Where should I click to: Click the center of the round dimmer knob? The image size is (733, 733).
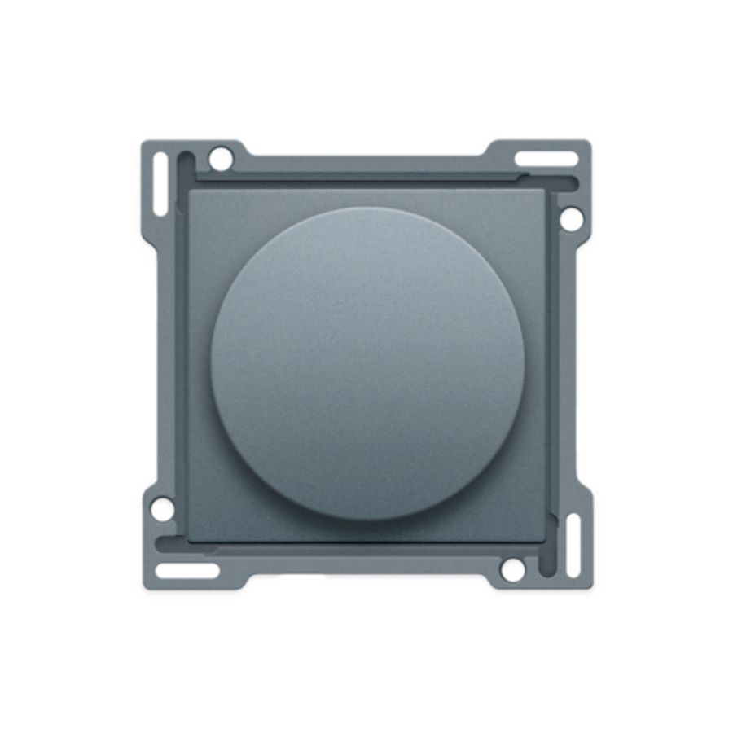coord(367,363)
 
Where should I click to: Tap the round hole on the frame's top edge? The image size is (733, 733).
coord(220,158)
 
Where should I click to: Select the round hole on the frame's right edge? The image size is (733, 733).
coord(571,218)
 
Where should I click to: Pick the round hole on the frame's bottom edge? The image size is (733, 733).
coord(512,569)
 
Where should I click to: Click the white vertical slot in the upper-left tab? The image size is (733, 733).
coord(160,184)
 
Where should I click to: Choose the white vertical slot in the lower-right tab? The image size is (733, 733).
coord(573,545)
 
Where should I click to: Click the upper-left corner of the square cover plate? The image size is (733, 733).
coord(191,192)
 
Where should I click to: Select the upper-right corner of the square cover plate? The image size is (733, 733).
coord(546,192)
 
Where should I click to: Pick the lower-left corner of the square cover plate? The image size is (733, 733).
coord(191,539)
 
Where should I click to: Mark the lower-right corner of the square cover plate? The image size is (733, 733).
coord(546,539)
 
